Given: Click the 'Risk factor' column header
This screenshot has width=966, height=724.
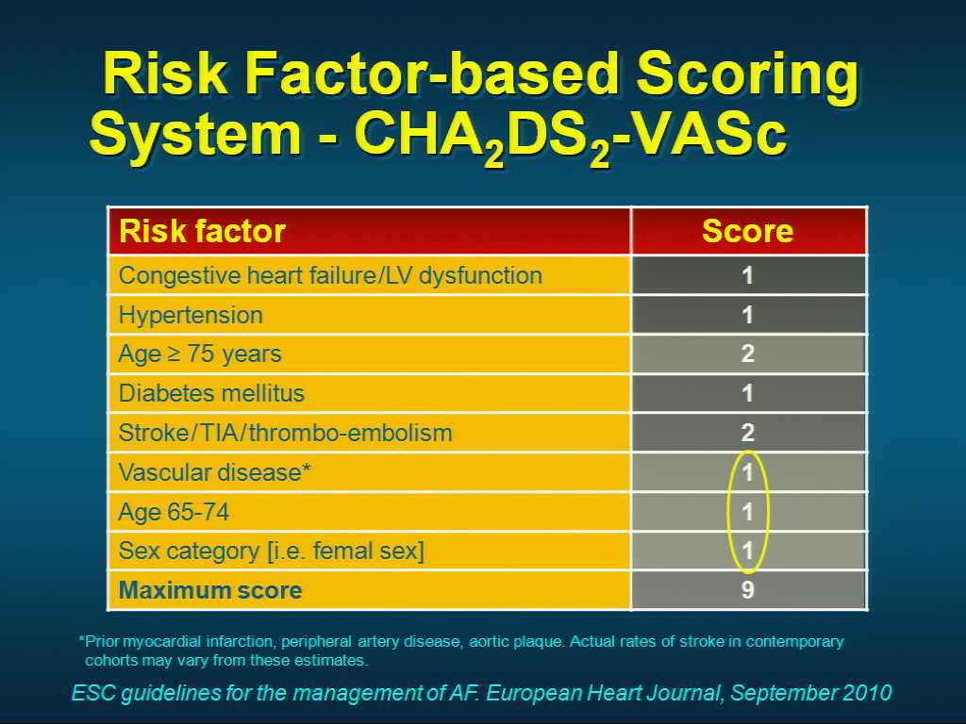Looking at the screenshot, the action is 202,232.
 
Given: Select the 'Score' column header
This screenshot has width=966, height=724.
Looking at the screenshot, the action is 747,232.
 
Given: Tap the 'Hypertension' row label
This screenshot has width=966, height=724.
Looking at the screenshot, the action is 191,316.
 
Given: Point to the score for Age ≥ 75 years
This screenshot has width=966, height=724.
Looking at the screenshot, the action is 747,354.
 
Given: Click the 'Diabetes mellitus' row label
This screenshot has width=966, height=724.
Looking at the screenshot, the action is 211,393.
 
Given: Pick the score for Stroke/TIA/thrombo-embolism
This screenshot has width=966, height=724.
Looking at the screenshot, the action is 747,432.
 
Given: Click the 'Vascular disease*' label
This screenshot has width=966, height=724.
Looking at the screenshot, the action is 214,472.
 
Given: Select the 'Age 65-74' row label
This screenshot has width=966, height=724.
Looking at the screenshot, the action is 174,512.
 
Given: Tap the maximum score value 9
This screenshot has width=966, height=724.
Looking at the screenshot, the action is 747,590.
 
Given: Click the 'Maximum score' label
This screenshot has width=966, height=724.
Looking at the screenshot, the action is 210,590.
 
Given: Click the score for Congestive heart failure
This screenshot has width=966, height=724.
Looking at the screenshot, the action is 747,275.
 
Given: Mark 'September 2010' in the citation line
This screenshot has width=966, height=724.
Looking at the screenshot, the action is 810,693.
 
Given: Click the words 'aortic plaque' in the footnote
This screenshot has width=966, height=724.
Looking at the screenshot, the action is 515,641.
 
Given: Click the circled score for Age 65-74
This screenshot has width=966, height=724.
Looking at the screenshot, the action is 747,512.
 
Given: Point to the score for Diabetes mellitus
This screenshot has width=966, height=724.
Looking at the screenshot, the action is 747,393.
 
